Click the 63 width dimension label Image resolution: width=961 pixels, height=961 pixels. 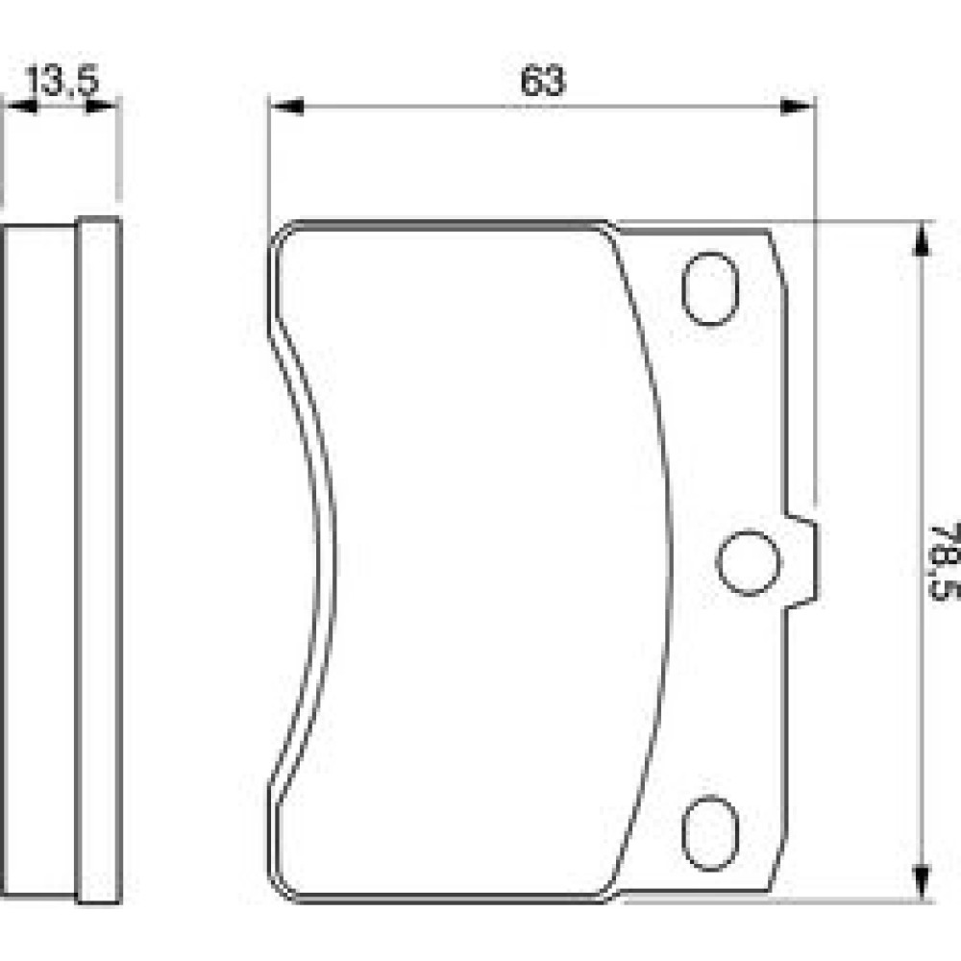(x=542, y=81)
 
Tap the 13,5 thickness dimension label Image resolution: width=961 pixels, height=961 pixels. (x=62, y=80)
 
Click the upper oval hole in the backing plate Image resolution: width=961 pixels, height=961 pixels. (x=710, y=288)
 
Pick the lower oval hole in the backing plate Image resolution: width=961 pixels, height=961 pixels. (x=710, y=833)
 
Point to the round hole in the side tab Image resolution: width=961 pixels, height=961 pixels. (x=749, y=562)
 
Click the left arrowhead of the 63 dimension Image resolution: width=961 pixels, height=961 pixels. (x=286, y=107)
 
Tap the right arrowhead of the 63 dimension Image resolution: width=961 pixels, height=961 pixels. (x=797, y=107)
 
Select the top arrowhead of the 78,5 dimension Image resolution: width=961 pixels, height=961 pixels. (x=920, y=239)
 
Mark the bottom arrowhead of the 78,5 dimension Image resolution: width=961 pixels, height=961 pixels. (x=920, y=883)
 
